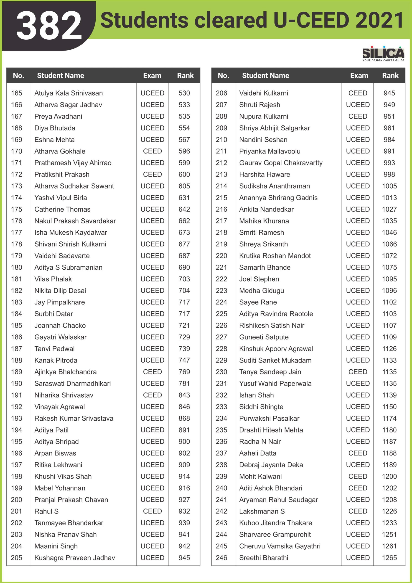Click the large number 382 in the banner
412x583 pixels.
[49, 25]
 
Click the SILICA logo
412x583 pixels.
[383, 54]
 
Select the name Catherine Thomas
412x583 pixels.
[62, 209]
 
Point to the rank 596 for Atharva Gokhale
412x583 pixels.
[184, 151]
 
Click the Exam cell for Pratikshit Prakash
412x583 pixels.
[152, 174]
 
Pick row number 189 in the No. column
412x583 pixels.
[16, 372]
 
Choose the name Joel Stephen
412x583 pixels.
[259, 279]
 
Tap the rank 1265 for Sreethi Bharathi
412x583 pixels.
[389, 558]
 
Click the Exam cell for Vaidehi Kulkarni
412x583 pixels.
[358, 93]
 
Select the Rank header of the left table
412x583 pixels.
[185, 75]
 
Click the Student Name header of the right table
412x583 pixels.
[266, 75]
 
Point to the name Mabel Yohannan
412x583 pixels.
[60, 488]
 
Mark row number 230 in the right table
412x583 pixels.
[221, 372]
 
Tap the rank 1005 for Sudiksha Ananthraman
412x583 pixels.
[389, 186]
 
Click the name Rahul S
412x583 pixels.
[46, 511]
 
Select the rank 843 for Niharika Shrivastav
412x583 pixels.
[184, 395]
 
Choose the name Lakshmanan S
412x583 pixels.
[262, 511]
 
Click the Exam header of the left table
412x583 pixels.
[152, 75]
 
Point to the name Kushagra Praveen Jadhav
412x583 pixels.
[75, 558]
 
